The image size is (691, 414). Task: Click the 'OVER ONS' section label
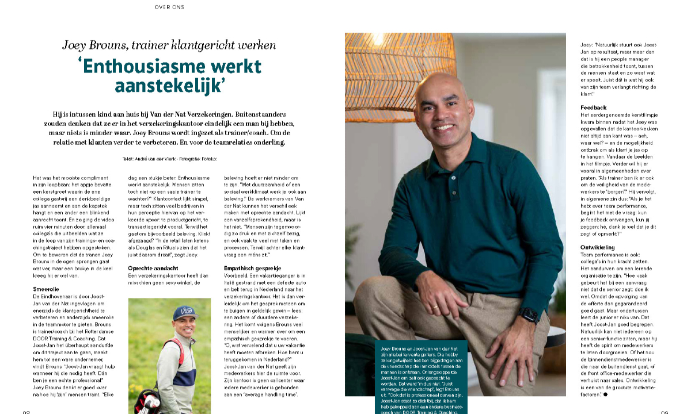coord(169,7)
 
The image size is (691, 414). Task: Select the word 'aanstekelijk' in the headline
coord(169,86)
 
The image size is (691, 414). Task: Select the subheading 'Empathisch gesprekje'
coord(253,268)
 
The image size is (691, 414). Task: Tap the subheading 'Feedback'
coord(594,108)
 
